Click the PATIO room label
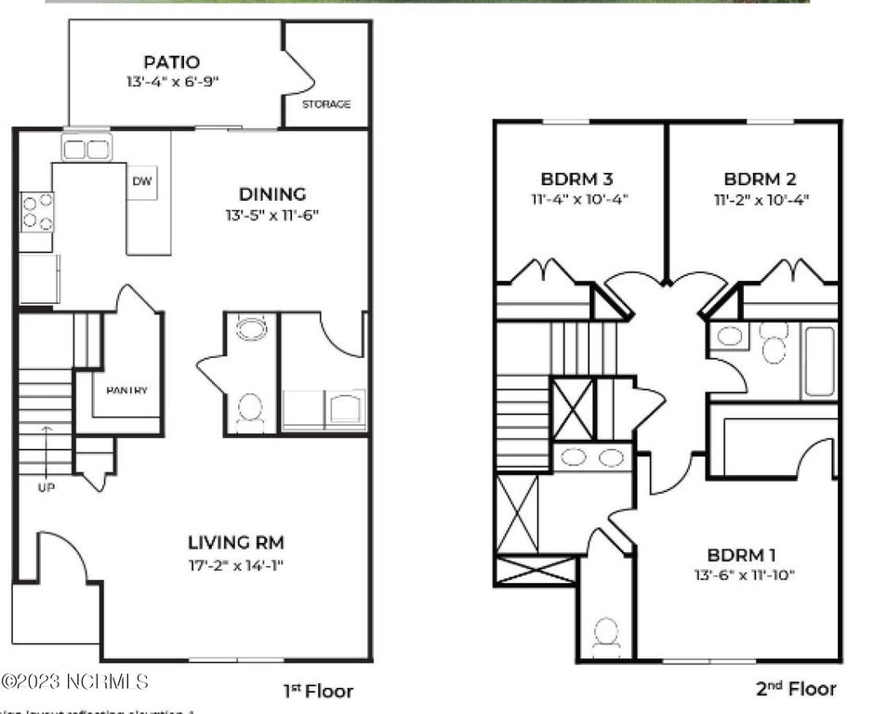pos(171,62)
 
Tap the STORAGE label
pos(326,104)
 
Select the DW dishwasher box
pos(142,182)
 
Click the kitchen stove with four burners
pos(36,210)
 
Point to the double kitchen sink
pos(86,149)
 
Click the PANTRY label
pos(126,390)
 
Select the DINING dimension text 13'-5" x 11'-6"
pos(272,215)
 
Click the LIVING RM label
pos(236,542)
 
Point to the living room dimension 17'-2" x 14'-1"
pos(236,564)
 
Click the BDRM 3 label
pos(576,178)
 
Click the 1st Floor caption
pos(318,691)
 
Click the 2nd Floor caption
pos(795,689)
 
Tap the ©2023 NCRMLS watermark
pos(74,682)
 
